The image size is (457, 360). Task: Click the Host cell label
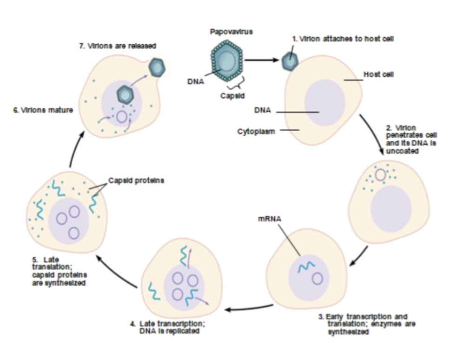point(379,74)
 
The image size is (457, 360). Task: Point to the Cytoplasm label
point(257,131)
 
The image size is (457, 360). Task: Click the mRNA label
point(268,218)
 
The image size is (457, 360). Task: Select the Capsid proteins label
point(136,180)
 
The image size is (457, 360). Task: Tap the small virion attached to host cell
point(291,60)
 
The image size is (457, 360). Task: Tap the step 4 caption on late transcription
point(168,327)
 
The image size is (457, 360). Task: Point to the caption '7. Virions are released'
point(117,46)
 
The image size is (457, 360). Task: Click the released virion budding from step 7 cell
point(157,68)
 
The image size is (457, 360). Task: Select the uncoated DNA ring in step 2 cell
point(380,175)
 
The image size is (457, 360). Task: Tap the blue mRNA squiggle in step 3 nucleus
point(306,266)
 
